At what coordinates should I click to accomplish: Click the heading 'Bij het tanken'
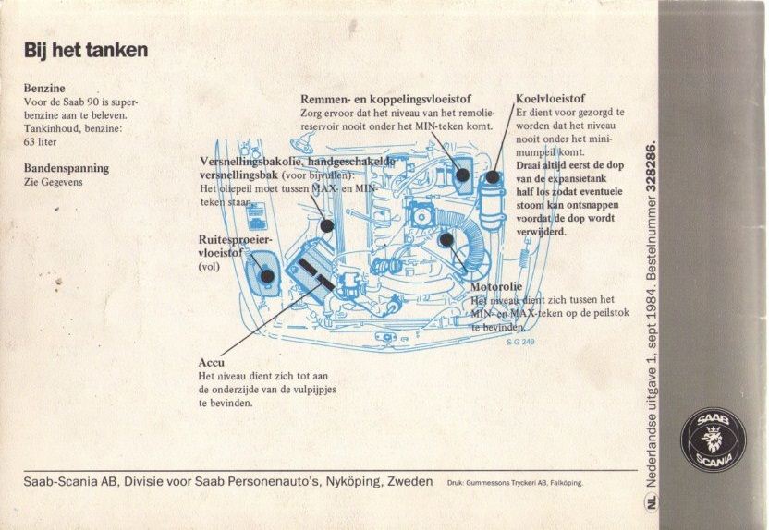86,51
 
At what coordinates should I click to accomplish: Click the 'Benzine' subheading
44,88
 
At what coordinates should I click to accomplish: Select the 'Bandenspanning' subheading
67,168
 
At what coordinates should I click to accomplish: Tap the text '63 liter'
41,142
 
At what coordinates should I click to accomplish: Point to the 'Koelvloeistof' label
550,99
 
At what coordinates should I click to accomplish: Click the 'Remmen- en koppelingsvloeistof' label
386,99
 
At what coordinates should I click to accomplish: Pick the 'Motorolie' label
496,286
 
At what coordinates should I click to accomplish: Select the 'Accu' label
212,363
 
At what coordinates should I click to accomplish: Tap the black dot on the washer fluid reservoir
267,276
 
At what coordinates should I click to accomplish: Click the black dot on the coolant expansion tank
492,176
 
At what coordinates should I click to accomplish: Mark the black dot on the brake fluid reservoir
462,175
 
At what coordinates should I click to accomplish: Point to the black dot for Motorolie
446,239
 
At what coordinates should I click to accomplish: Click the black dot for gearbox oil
327,226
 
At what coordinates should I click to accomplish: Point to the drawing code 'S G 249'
520,342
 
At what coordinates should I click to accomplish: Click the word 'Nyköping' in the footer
353,481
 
